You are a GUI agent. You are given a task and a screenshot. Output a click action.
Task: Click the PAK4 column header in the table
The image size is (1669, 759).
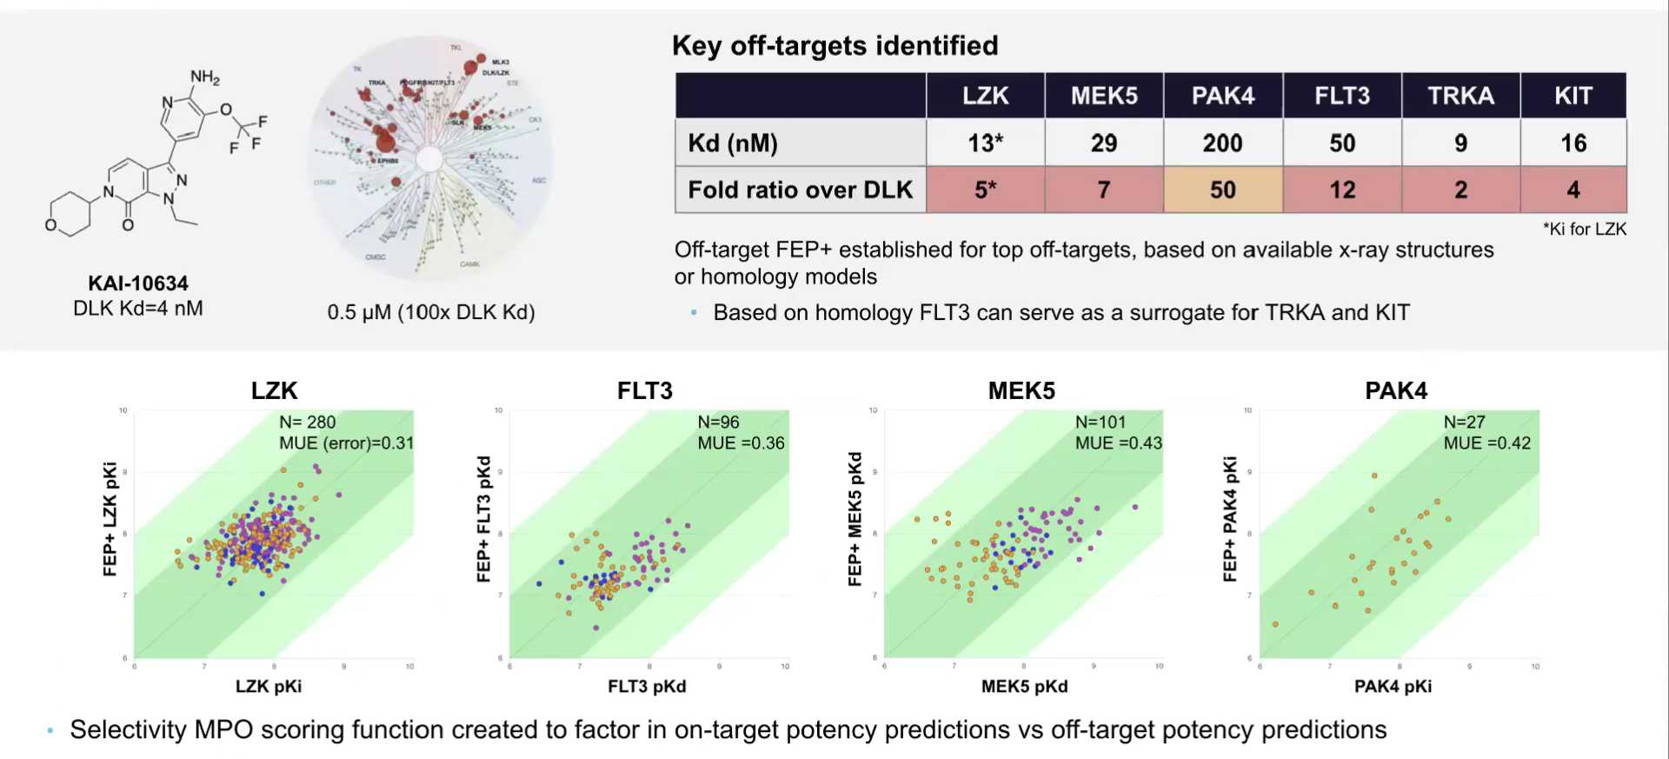pos(1222,96)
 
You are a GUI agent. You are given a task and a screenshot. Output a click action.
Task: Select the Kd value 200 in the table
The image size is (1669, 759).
pos(1222,143)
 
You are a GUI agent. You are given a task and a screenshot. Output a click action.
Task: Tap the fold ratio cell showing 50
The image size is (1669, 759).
pos(1222,190)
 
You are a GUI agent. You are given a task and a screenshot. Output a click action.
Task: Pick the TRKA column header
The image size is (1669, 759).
pos(1460,96)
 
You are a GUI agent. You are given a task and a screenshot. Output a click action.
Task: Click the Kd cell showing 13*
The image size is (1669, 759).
pos(986,143)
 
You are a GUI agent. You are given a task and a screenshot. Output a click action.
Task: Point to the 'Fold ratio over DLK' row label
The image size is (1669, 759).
pos(800,190)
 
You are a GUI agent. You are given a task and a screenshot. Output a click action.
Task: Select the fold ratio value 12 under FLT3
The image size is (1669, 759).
pos(1342,190)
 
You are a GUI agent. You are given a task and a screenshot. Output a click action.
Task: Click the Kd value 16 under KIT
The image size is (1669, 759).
pos(1573,143)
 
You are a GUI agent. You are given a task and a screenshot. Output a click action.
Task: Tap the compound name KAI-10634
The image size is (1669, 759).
pos(138,283)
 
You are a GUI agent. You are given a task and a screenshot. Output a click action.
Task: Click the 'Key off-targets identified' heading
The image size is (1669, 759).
pos(834,45)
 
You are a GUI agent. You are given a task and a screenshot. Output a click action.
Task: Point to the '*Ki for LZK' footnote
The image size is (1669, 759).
pos(1584,229)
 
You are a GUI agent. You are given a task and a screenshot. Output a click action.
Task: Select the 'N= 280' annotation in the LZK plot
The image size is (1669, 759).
pos(307,422)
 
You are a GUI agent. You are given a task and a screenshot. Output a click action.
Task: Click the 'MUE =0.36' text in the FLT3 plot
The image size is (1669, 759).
pos(741,443)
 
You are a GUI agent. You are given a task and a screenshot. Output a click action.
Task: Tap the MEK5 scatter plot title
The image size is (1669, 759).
pos(1021,390)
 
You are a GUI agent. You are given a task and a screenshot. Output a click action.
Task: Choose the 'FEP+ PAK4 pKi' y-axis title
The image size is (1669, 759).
pos(1229,518)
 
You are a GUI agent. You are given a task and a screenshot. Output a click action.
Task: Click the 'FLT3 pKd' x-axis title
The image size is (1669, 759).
pos(647,686)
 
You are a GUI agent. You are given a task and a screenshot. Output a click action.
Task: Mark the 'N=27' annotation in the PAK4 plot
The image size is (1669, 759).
pos(1464,422)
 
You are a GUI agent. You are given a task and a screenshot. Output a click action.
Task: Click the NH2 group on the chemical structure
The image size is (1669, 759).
pos(205,77)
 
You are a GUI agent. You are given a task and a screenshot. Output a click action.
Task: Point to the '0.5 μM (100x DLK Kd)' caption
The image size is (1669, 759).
pos(431,312)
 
